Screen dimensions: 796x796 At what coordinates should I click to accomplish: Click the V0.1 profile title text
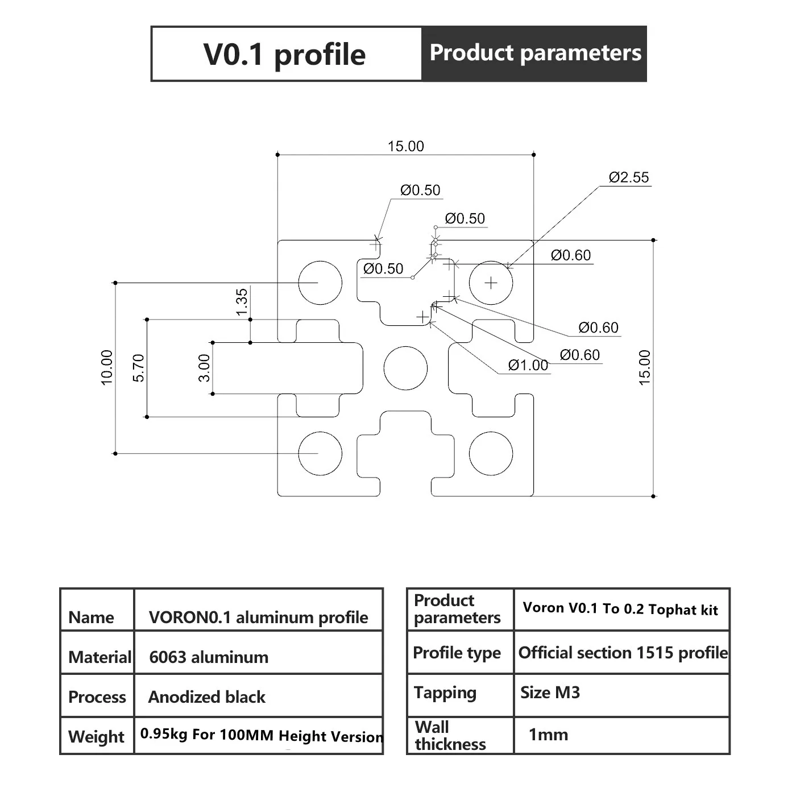tap(284, 55)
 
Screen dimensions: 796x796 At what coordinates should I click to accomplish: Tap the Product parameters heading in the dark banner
tap(535, 53)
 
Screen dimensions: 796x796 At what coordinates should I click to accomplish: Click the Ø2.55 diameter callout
tap(628, 177)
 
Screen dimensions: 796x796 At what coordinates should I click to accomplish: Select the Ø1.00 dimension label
tap(528, 365)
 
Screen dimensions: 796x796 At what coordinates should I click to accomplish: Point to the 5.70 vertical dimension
tap(139, 368)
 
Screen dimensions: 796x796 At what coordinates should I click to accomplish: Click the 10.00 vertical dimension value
tap(107, 368)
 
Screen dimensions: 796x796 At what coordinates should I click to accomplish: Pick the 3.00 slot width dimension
tap(204, 368)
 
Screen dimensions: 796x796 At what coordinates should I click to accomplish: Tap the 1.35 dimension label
tap(242, 302)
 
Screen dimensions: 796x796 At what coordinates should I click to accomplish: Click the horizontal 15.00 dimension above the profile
tap(405, 146)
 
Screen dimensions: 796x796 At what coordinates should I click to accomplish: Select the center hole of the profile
tap(405, 368)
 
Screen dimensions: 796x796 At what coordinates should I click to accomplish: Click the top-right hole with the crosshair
tap(491, 283)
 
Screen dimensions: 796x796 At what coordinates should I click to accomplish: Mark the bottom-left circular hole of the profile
tap(320, 453)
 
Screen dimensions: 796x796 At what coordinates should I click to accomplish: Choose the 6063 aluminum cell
tap(209, 657)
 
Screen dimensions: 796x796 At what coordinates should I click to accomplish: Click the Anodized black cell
tap(207, 697)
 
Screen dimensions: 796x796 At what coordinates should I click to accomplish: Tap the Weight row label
tap(96, 737)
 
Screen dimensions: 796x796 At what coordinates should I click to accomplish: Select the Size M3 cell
tap(550, 693)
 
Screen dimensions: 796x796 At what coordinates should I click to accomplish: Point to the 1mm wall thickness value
tap(548, 735)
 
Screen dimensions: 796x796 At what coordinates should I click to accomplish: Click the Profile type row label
tap(457, 653)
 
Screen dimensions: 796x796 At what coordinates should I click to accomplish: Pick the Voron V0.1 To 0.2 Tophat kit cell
tap(620, 609)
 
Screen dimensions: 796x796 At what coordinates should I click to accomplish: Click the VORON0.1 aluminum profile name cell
tap(258, 617)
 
